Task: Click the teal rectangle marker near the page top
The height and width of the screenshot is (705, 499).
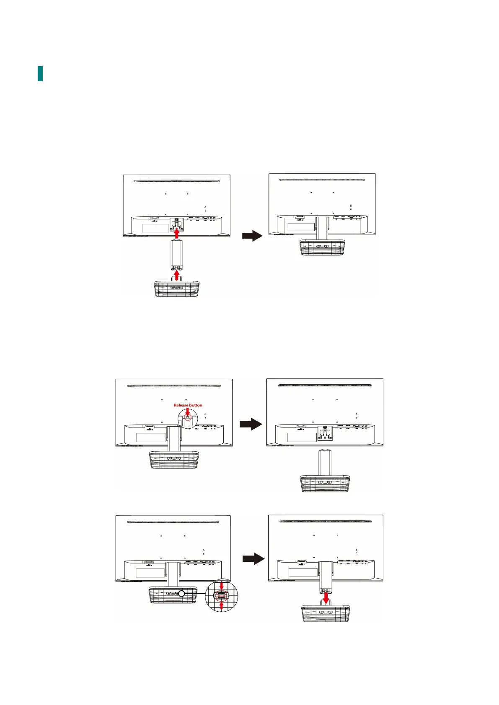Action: [40, 74]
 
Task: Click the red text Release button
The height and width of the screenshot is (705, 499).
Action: [188, 405]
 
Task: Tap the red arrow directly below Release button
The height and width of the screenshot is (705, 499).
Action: [187, 412]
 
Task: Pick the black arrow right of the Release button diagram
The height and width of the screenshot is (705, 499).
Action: [251, 424]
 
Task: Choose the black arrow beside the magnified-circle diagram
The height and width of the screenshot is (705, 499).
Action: [253, 559]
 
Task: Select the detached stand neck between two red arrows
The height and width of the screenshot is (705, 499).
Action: [176, 255]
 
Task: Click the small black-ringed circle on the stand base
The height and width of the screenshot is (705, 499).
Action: [181, 594]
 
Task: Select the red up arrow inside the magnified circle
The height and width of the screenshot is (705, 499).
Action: [222, 605]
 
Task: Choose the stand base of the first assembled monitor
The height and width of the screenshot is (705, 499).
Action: [322, 247]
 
